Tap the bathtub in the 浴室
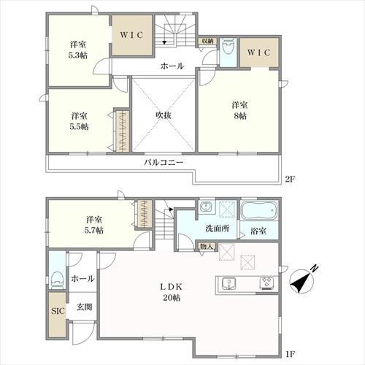(259, 210)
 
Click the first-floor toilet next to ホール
(58, 280)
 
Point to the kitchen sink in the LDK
(228, 283)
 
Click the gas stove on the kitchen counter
(267, 283)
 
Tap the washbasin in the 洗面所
(207, 207)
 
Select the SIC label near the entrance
(58, 311)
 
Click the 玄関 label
(84, 307)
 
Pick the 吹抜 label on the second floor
(164, 115)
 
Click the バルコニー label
(164, 162)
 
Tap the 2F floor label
(290, 180)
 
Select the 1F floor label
(290, 354)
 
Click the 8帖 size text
(240, 116)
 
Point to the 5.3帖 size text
(77, 55)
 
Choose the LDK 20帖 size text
(172, 298)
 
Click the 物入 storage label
(207, 246)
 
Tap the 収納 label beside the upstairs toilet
(207, 41)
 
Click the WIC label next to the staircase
(131, 35)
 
